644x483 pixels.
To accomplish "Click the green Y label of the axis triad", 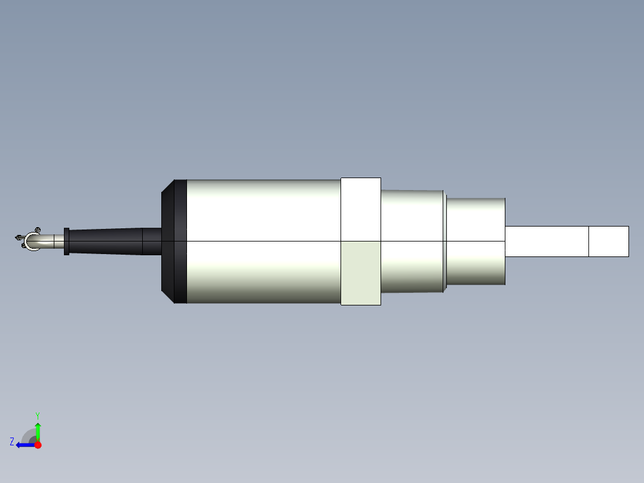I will pos(37,415).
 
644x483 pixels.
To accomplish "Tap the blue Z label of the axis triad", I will pos(12,441).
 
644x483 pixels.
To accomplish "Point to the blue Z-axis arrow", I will pos(24,445).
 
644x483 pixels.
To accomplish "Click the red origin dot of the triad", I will pos(38,445).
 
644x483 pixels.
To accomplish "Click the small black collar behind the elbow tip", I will pos(66,241).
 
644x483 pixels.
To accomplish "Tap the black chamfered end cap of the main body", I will pos(174,241).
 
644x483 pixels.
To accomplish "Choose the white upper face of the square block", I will pos(361,209).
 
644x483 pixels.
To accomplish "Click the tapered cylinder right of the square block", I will pos(412,241).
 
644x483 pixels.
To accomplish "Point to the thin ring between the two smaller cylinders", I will pos(445,241).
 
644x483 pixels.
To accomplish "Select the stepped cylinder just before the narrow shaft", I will pos(476,241).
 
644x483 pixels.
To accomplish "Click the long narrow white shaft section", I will pos(547,241).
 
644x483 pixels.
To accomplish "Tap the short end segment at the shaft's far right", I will pos(609,241).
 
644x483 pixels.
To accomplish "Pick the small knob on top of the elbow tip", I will pos(37,230).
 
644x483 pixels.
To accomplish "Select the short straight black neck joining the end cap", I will pos(152,241).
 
